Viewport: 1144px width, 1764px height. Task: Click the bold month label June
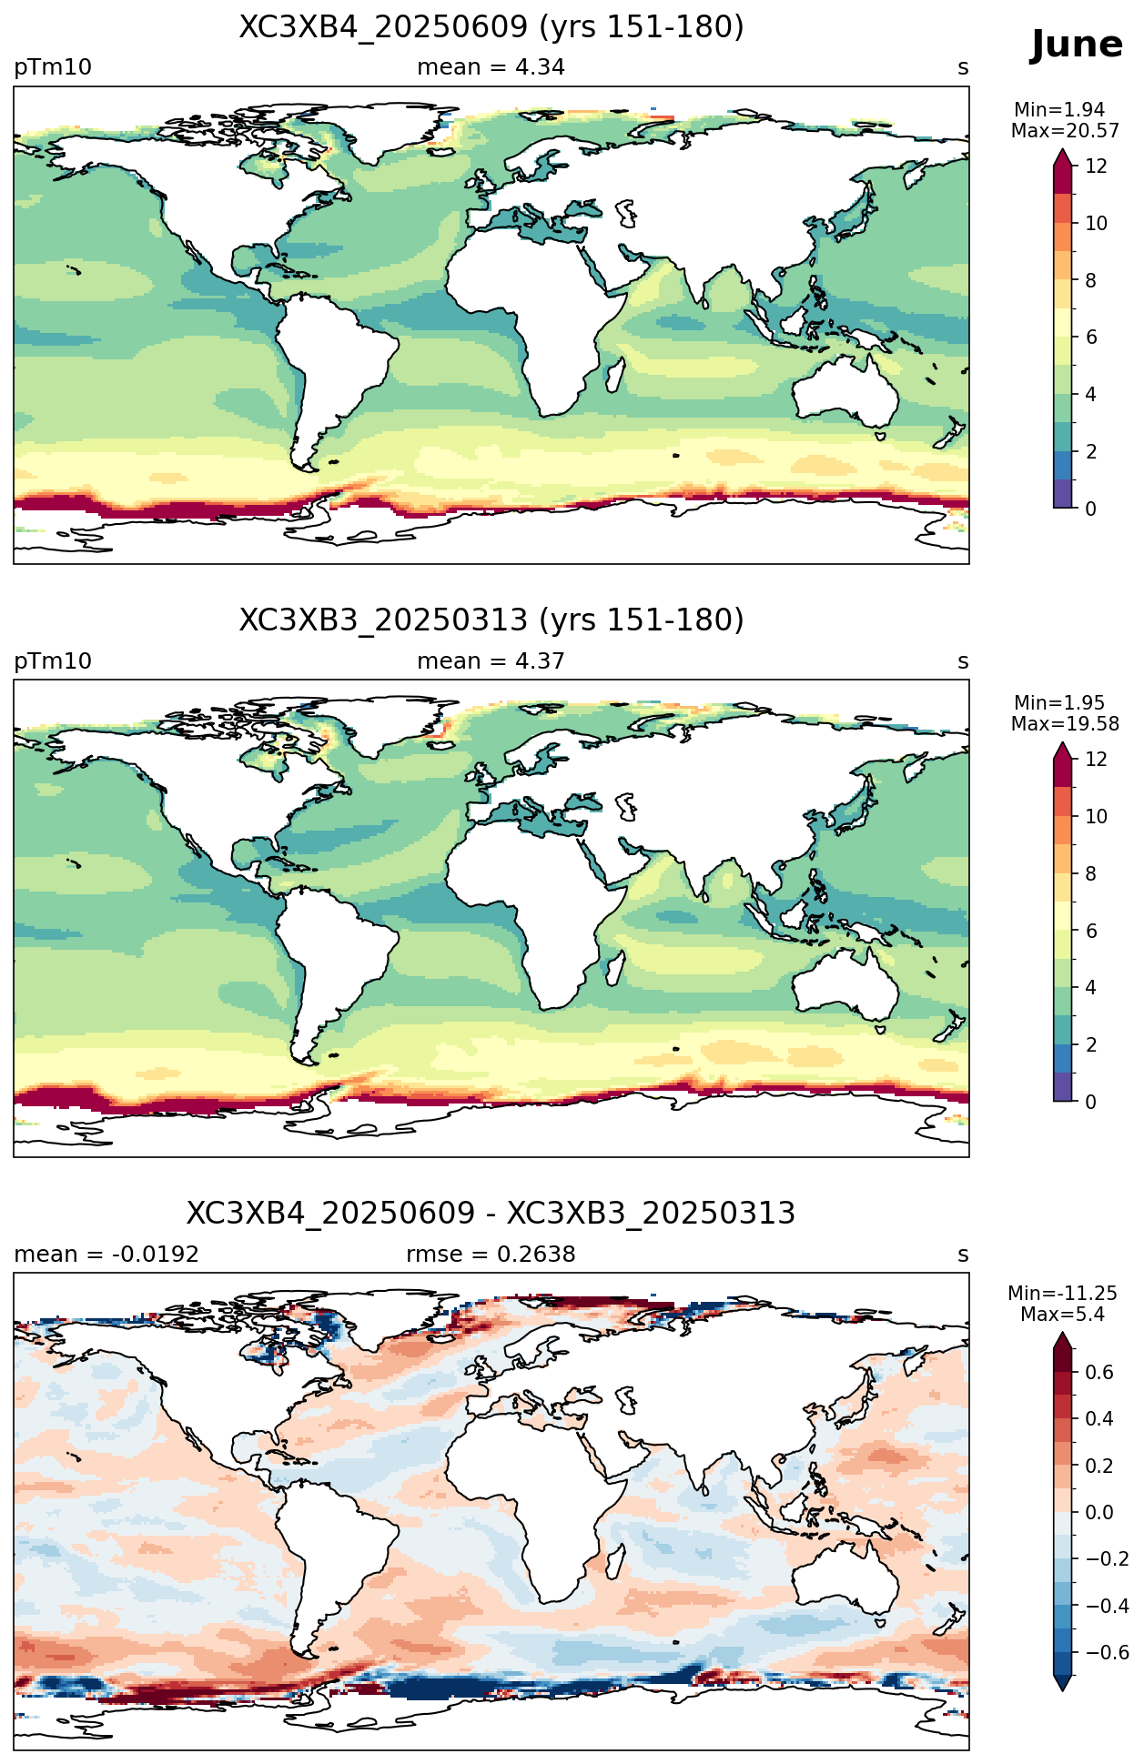tap(1077, 45)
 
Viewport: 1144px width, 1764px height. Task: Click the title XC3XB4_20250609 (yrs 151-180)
tap(491, 27)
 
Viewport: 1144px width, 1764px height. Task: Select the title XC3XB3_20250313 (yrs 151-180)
tap(491, 620)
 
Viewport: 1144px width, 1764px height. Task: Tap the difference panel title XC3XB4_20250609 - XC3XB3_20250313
tap(491, 1214)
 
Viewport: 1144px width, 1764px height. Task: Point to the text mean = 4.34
tap(491, 67)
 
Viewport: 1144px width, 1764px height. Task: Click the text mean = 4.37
tap(491, 661)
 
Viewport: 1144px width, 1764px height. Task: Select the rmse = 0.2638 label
tap(491, 1255)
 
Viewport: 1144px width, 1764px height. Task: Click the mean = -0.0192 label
tap(106, 1255)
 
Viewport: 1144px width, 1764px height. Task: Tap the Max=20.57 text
tap(1065, 131)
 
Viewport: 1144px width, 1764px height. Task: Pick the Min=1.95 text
tap(1059, 703)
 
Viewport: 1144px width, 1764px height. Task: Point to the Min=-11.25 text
tap(1062, 1294)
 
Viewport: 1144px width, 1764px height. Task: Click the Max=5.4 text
tap(1062, 1315)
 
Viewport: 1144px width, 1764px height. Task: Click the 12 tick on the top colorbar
tap(1096, 166)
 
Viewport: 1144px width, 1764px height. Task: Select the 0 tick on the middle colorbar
tap(1090, 1102)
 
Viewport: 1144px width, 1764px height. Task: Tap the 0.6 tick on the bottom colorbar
tap(1099, 1373)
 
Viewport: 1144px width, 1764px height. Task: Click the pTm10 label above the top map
tap(53, 67)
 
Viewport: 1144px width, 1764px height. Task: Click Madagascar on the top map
tap(614, 374)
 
